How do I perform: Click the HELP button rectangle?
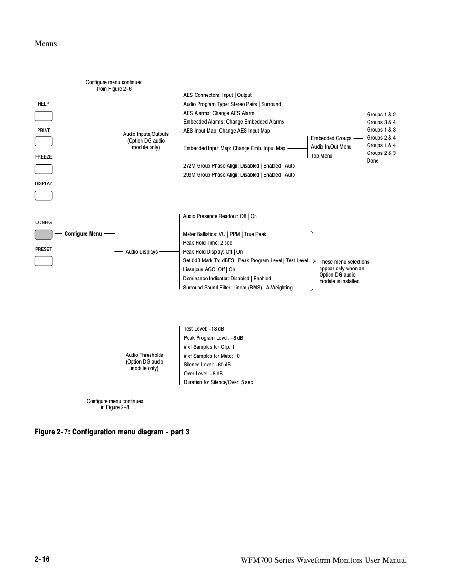[x=43, y=116]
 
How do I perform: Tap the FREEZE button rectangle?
[x=43, y=169]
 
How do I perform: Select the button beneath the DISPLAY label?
[x=43, y=195]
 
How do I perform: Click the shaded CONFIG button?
[x=43, y=234]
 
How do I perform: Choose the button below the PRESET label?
[x=43, y=261]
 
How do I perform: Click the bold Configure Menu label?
[x=83, y=234]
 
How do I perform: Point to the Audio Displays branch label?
[x=142, y=252]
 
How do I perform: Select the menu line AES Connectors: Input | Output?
[x=217, y=95]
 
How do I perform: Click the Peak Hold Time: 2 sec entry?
[x=208, y=243]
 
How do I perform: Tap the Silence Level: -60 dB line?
[x=207, y=365]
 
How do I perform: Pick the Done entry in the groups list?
[x=373, y=161]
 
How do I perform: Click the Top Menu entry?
[x=321, y=156]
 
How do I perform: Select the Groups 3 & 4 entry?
[x=381, y=122]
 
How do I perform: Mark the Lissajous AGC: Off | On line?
[x=209, y=269]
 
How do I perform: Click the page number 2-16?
[x=42, y=559]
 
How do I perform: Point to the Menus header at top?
[x=46, y=44]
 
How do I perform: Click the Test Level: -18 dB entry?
[x=204, y=329]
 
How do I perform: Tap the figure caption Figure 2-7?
[x=112, y=432]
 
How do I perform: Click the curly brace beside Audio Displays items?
[x=312, y=261]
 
